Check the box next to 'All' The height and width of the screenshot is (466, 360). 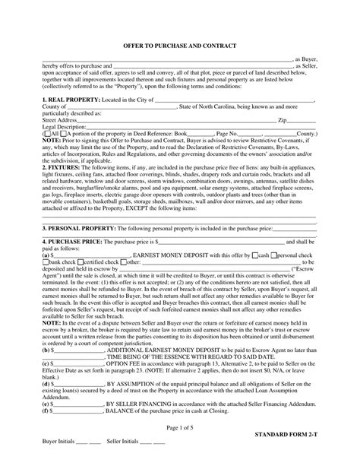pos(48,132)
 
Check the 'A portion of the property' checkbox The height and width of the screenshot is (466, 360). pos(62,132)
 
